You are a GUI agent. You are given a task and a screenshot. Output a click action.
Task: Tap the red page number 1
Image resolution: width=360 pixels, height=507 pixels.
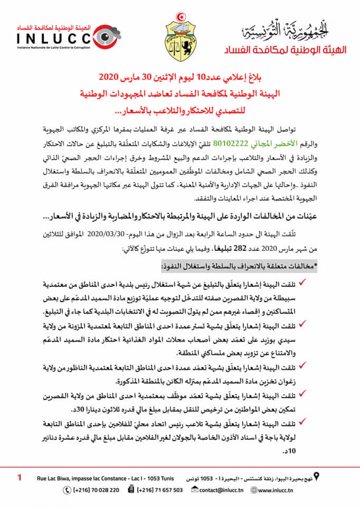click(19, 478)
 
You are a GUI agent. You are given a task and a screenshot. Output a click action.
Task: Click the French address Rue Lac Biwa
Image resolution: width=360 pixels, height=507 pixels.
click(105, 478)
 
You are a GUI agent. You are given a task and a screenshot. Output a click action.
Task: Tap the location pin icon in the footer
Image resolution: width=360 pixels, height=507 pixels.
click(317, 477)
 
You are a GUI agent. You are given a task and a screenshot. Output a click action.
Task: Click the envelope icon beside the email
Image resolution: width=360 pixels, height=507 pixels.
click(195, 490)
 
